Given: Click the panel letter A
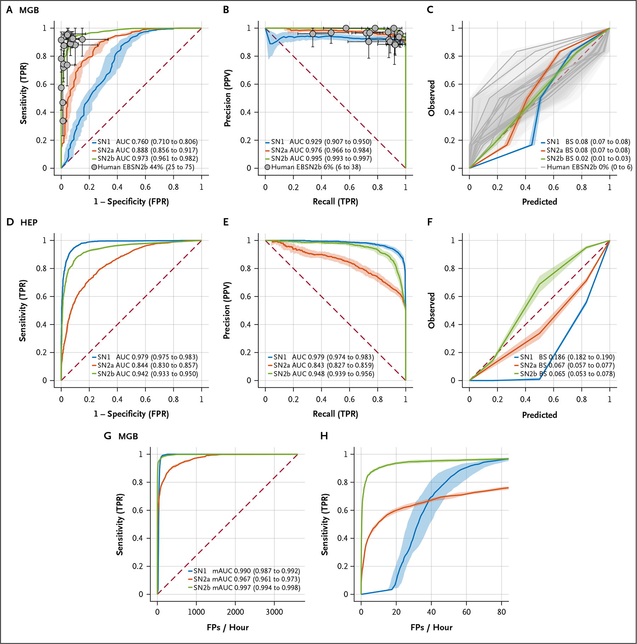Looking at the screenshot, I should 10,10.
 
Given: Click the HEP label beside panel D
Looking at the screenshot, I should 29,223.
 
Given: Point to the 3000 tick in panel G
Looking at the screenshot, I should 274,612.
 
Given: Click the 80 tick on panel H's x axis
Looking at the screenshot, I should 501,612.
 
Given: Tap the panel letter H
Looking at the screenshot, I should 324,436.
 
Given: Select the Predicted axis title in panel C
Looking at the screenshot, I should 539,202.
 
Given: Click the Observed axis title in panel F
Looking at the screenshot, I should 431,310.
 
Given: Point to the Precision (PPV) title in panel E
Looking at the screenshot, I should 227,310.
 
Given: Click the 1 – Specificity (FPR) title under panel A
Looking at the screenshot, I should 131,202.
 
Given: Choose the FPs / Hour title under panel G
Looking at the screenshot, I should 228,627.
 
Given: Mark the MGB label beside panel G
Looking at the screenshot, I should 128,436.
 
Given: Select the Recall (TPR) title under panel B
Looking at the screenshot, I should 335,202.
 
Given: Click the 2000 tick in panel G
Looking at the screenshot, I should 235,612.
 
